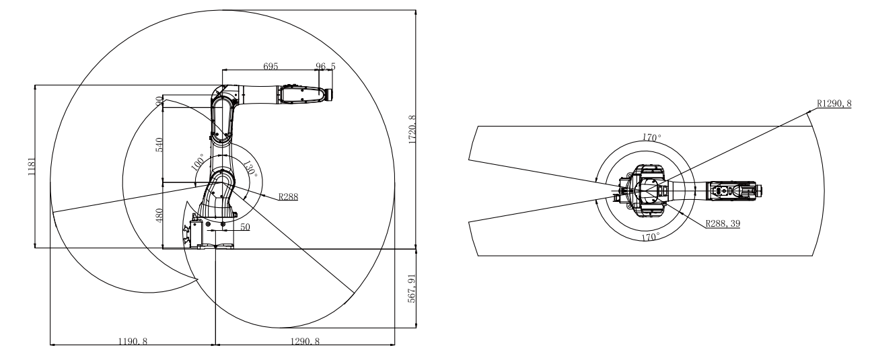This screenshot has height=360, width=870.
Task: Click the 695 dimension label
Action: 270,66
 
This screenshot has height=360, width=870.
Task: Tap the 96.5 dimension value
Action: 326,67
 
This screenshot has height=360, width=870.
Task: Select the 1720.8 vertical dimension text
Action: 412,129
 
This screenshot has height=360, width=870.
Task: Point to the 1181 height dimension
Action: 32,166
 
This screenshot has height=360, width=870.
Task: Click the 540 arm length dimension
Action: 159,145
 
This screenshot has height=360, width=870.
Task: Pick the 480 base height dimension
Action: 159,215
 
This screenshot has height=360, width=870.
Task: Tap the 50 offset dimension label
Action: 245,227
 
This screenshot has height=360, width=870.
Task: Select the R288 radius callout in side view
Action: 288,196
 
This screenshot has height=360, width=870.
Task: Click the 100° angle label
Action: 198,162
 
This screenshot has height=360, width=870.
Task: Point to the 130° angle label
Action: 250,169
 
